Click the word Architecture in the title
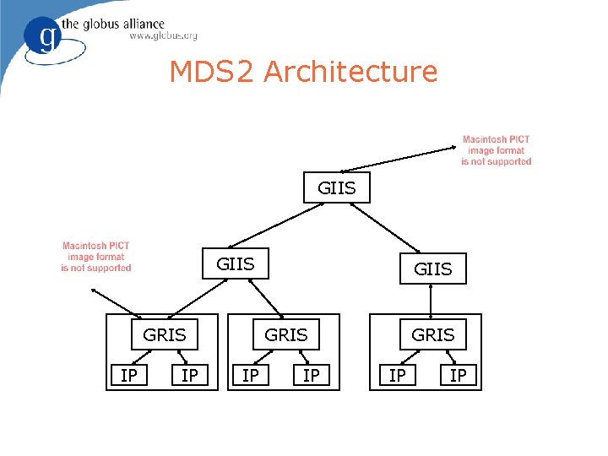tap(350, 72)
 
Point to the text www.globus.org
tap(163, 35)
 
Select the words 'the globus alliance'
tap(123, 23)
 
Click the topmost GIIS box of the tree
tap(337, 187)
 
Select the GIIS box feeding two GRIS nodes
tap(236, 264)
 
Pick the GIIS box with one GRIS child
tap(432, 269)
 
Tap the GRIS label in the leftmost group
tap(165, 335)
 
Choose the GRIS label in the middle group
tap(286, 335)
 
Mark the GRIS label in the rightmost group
tap(432, 335)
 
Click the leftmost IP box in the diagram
tap(129, 375)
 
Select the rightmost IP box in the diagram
tap(458, 375)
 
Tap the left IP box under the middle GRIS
tap(251, 375)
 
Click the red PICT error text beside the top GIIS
tap(497, 150)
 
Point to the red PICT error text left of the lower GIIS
tap(96, 257)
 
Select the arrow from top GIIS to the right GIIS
tap(389, 229)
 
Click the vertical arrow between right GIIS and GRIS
tap(432, 301)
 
